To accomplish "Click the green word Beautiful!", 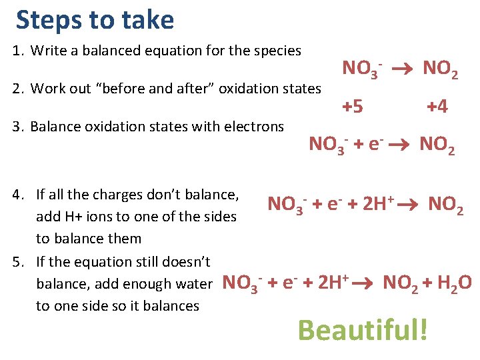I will pyautogui.click(x=362, y=329).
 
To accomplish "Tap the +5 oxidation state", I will pyautogui.click(x=353, y=106).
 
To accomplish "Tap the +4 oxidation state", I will pyautogui.click(x=437, y=106).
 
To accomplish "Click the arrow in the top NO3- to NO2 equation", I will pyautogui.click(x=402, y=68).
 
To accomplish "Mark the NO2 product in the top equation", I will pyautogui.click(x=440, y=68).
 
